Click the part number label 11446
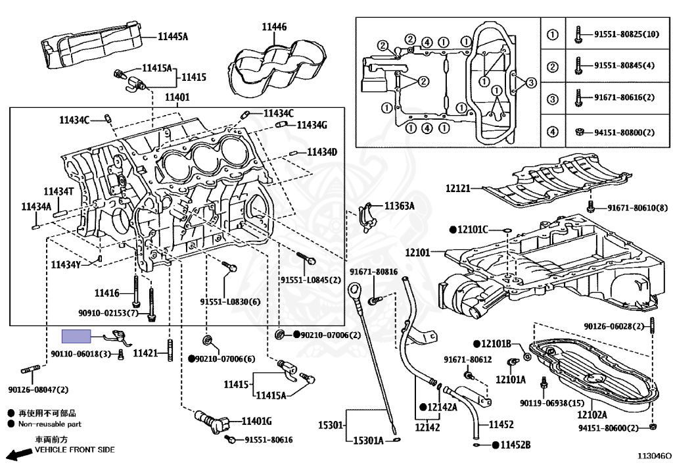click(274, 27)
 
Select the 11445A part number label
click(173, 36)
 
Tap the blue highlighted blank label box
click(76, 336)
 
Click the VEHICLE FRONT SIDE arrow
click(20, 453)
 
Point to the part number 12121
click(458, 188)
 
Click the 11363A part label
click(399, 206)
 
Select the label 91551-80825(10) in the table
click(626, 34)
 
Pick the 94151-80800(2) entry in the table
click(624, 132)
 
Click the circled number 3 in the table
click(553, 99)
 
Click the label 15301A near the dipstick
click(368, 441)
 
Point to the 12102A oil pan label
click(592, 415)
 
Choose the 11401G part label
click(257, 421)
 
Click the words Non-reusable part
click(50, 424)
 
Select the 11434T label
click(58, 191)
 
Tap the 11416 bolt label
click(107, 293)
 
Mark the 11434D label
click(322, 152)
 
